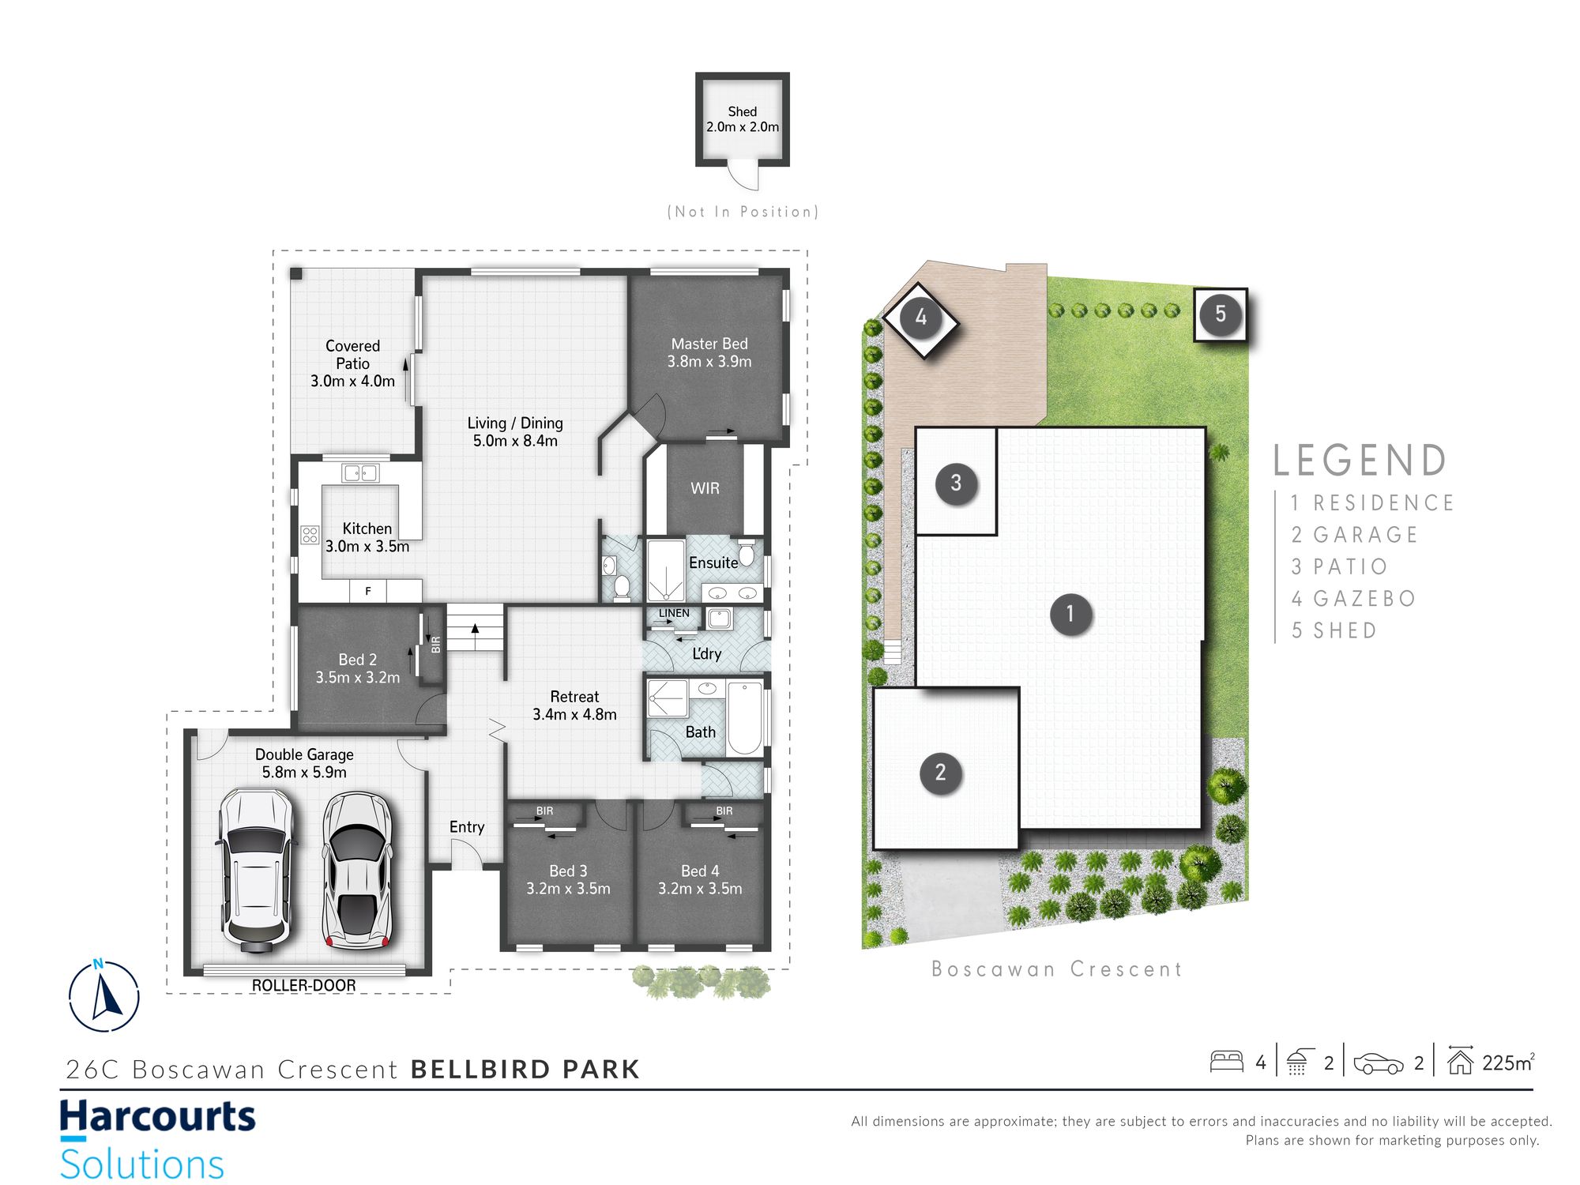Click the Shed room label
[x=743, y=119]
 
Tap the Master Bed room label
[x=709, y=352]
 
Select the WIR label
[x=705, y=488]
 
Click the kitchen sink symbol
[x=360, y=472]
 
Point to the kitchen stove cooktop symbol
[x=310, y=535]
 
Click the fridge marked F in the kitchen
[x=368, y=590]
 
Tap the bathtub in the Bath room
[x=744, y=718]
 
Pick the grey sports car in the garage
[x=357, y=870]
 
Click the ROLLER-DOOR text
[x=303, y=985]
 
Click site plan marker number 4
[x=920, y=318]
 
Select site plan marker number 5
[x=1221, y=314]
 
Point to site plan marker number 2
[x=940, y=772]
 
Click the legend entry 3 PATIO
[x=1340, y=566]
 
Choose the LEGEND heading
[x=1360, y=461]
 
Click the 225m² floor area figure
[x=1508, y=1063]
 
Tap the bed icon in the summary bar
[x=1226, y=1061]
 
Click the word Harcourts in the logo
[x=158, y=1116]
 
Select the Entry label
[x=467, y=827]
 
